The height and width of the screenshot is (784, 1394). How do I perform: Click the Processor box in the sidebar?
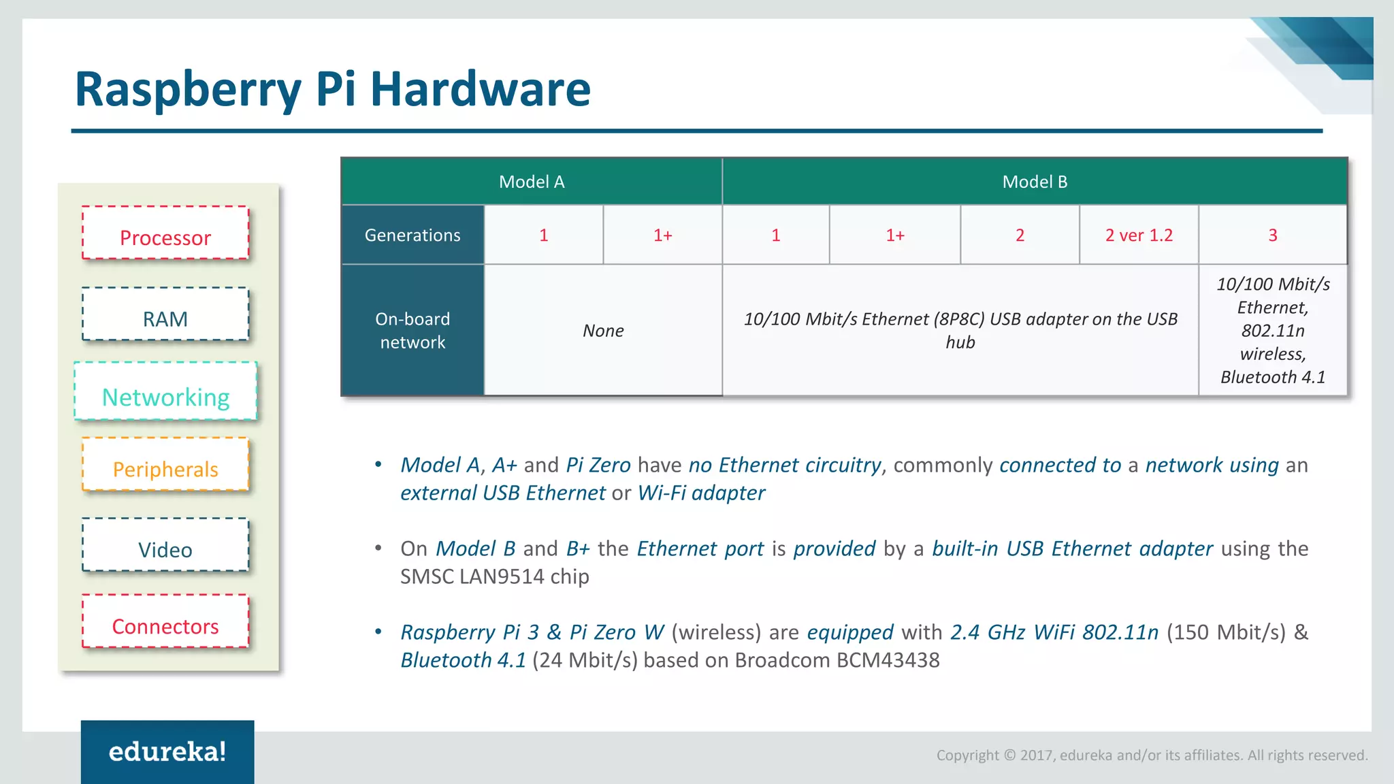(x=165, y=233)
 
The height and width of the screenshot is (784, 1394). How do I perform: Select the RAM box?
(x=165, y=314)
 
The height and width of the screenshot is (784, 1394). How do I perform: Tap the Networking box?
(x=165, y=392)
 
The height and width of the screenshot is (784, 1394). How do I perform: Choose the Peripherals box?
(x=165, y=465)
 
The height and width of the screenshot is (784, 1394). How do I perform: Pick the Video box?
(x=165, y=545)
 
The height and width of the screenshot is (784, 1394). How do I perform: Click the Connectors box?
(x=165, y=621)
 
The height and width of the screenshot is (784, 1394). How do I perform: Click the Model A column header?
(x=532, y=182)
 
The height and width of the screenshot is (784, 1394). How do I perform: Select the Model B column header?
(x=1035, y=182)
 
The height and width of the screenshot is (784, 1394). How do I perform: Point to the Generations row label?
(x=412, y=235)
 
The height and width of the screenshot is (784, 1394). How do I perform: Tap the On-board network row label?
(x=412, y=330)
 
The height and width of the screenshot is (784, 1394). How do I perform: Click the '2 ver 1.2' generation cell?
(x=1139, y=235)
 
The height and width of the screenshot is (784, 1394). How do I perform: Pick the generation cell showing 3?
(x=1272, y=235)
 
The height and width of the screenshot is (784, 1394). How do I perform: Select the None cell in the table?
(x=603, y=331)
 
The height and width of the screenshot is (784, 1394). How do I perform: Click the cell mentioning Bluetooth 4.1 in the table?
(x=1272, y=331)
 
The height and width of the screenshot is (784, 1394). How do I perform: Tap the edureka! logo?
(x=167, y=752)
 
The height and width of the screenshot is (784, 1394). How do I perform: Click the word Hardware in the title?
(x=480, y=89)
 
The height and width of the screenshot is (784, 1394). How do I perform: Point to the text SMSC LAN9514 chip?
(x=494, y=577)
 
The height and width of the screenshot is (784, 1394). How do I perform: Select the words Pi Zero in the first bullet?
(x=598, y=465)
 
